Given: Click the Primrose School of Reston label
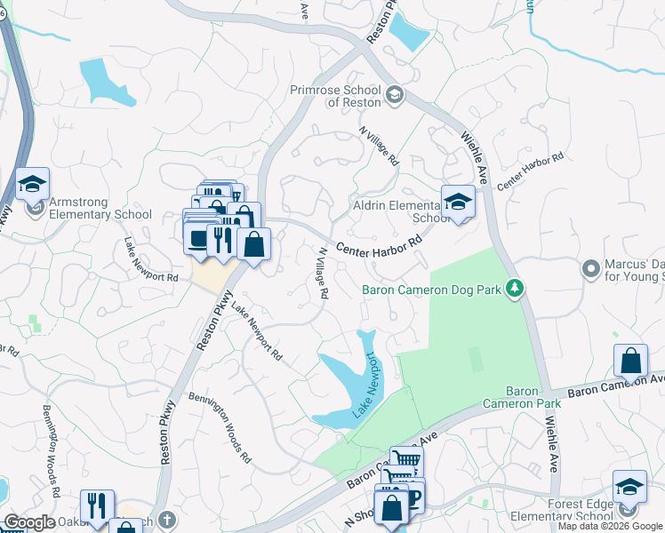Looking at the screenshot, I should click(x=335, y=96).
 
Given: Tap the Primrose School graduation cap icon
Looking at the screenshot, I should click(x=395, y=93).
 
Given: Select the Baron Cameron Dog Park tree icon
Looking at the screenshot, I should click(x=512, y=288).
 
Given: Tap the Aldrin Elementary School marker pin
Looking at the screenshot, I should click(x=458, y=203).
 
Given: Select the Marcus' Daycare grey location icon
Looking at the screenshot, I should click(x=589, y=267).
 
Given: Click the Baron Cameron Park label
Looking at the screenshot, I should click(x=522, y=397).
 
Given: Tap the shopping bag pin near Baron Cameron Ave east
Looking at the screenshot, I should click(x=630, y=362).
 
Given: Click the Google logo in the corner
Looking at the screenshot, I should click(x=28, y=522).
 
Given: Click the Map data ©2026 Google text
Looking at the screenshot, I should click(x=610, y=526).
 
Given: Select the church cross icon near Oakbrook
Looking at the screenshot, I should click(x=166, y=517).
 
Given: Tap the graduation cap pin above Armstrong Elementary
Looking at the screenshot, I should click(x=32, y=185).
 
